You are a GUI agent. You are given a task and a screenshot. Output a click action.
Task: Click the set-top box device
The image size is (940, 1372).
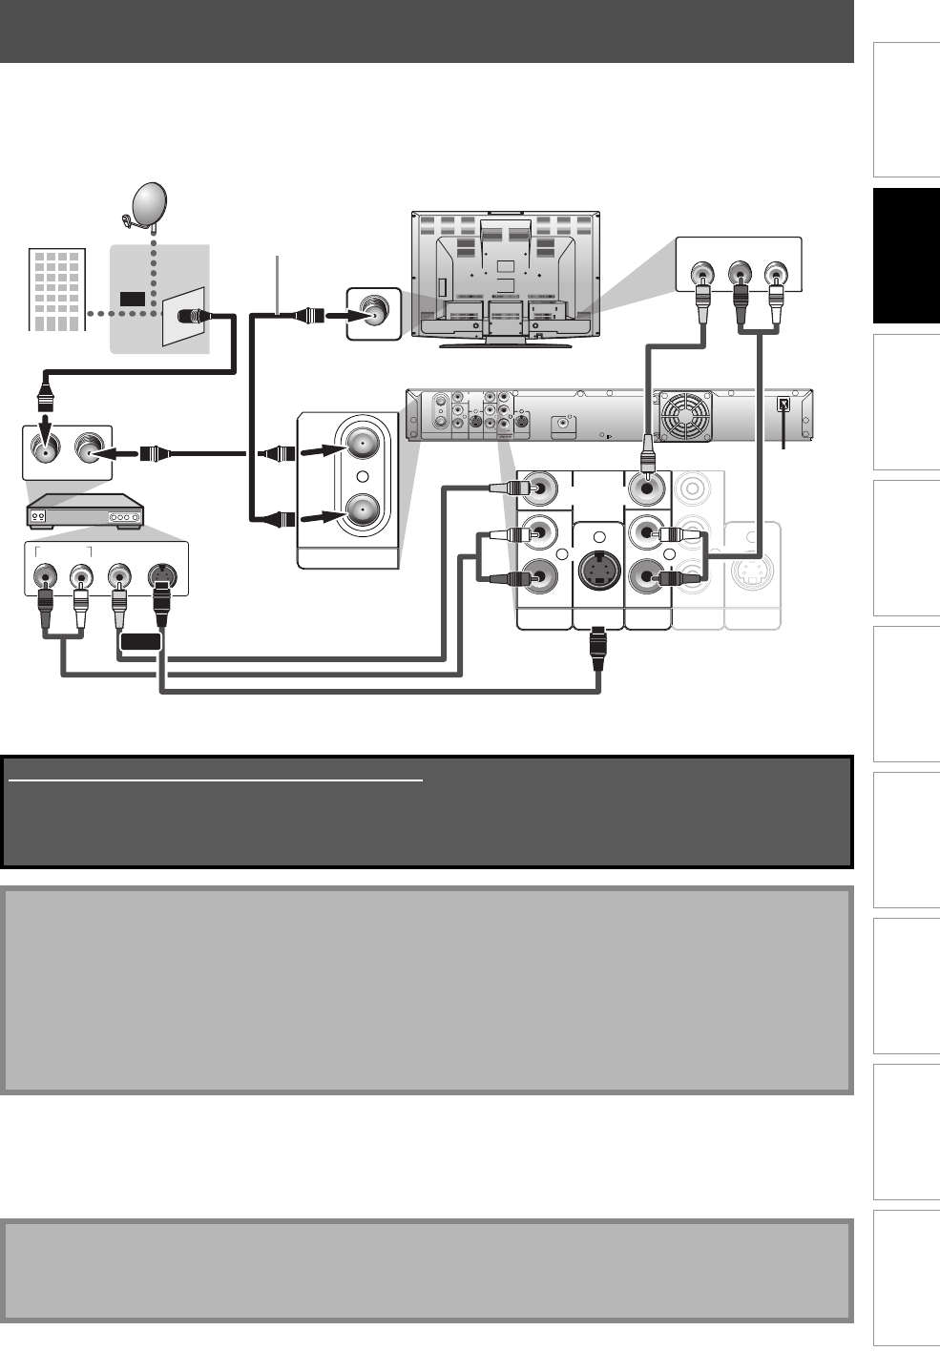point(85,513)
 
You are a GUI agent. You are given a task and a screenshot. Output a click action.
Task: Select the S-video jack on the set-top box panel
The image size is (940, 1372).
point(161,577)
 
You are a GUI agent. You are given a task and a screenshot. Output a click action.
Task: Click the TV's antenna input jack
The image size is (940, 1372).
point(372,312)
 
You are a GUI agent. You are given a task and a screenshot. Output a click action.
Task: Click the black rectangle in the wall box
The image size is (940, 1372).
point(133,299)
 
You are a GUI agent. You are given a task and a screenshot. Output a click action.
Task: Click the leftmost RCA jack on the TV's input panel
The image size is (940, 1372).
point(702,276)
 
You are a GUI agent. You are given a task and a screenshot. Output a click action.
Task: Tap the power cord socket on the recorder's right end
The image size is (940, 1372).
point(783,404)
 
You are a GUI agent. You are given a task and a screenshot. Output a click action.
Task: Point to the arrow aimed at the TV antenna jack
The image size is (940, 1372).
point(338,313)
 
